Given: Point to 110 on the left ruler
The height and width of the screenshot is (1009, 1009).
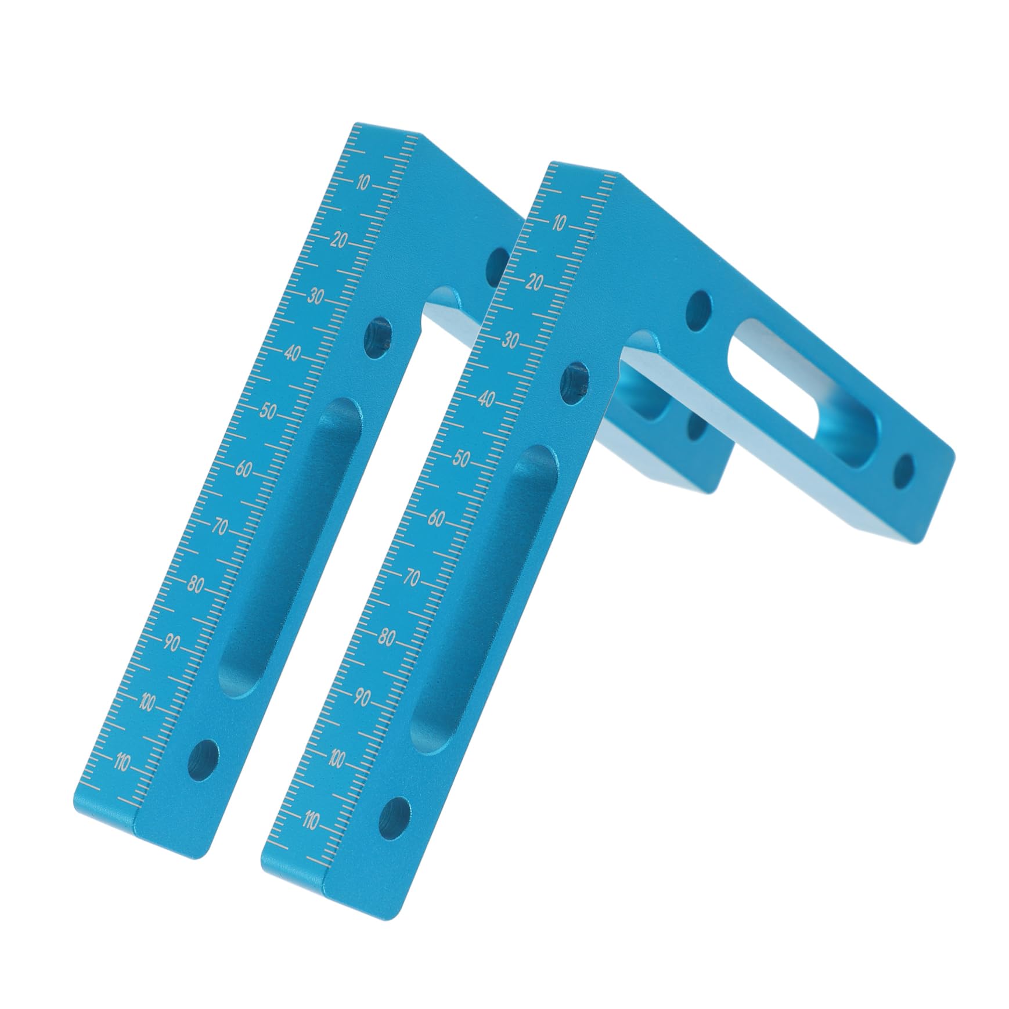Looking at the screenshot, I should (x=122, y=763).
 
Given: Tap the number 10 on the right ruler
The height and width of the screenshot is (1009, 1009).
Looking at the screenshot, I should (x=559, y=224).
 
